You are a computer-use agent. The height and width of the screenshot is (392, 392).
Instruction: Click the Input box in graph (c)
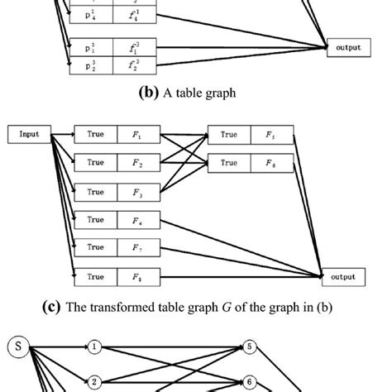coord(29,132)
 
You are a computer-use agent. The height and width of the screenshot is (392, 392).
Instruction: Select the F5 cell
coord(271,133)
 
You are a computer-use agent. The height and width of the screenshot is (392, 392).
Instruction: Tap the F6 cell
coord(271,162)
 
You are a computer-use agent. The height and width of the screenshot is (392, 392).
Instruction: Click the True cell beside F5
coord(228,133)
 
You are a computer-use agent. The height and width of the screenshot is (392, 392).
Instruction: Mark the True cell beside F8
coord(96,275)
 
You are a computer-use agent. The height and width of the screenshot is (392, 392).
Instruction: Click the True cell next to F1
coord(96,133)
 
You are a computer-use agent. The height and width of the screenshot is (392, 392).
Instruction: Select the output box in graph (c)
coord(342,276)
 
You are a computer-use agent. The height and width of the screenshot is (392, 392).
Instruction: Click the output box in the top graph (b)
coord(347,47)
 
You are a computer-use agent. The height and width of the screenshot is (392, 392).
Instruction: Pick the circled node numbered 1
coord(95,347)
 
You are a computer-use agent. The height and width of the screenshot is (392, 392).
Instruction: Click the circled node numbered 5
coord(248,347)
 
